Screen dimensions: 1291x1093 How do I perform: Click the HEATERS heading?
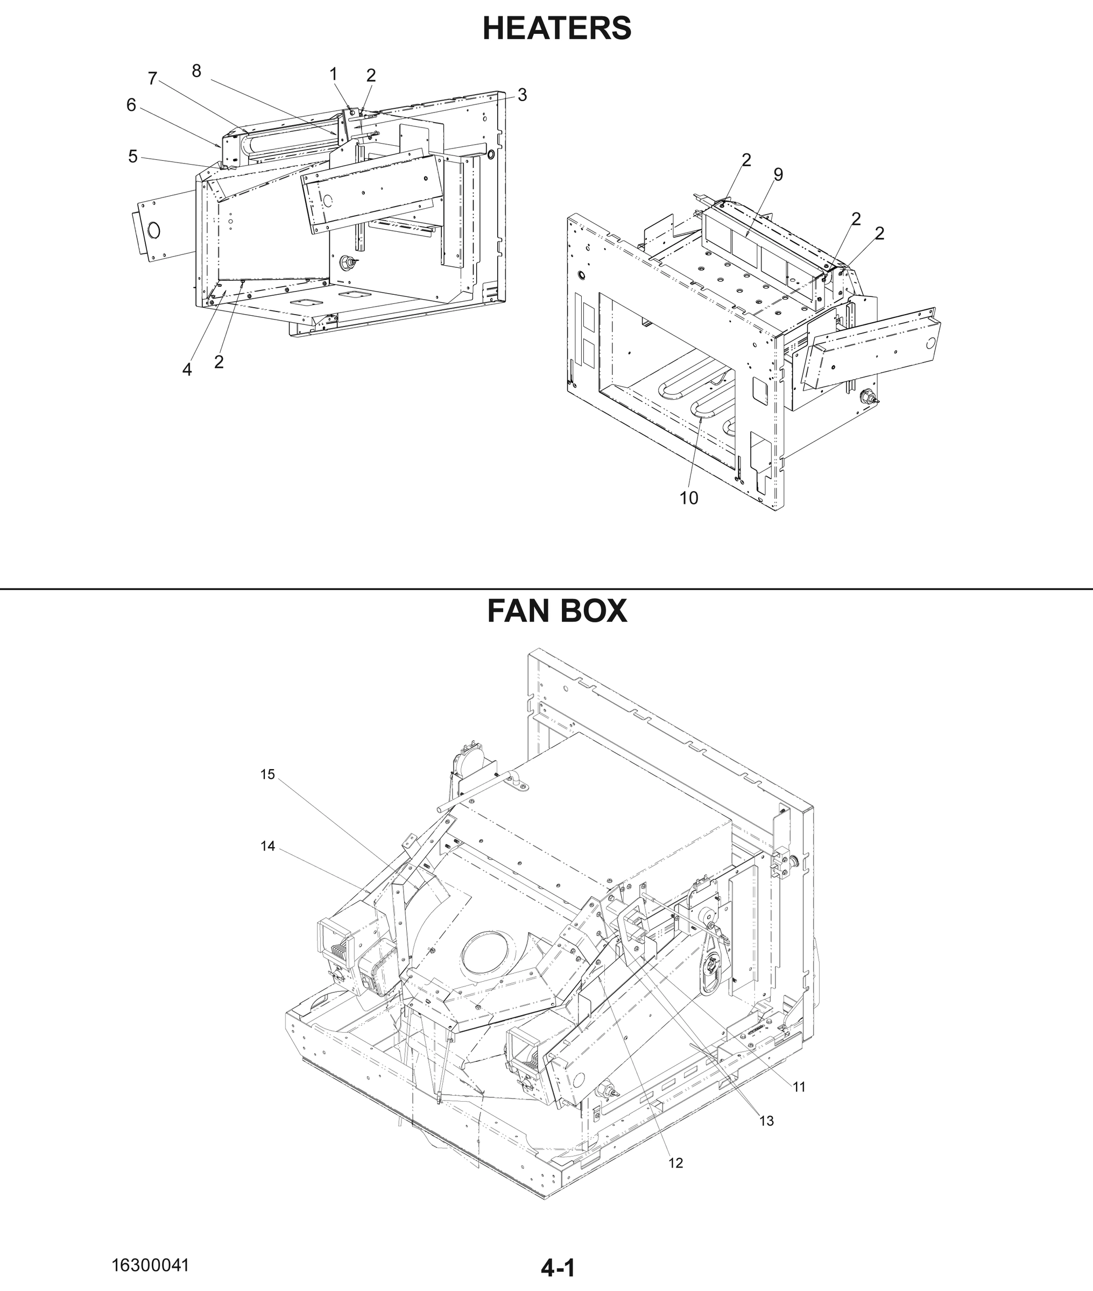(556, 29)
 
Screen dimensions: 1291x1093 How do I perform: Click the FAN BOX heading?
(556, 611)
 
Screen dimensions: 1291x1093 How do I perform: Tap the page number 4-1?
(558, 1268)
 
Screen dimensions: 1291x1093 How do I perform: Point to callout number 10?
(688, 498)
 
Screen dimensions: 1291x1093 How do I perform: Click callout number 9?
(778, 175)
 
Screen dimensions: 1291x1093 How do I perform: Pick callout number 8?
(196, 71)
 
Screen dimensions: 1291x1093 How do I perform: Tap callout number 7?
(152, 79)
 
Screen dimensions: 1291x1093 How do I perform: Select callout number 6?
(131, 105)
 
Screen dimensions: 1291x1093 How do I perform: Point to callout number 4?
(187, 370)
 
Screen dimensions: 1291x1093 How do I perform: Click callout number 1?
(333, 74)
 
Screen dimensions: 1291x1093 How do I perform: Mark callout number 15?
(267, 775)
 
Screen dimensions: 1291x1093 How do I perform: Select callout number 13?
(766, 1120)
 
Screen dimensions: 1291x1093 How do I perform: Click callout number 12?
(675, 1163)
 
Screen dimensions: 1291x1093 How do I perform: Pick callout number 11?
(799, 1087)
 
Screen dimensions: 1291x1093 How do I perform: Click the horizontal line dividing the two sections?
(547, 589)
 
